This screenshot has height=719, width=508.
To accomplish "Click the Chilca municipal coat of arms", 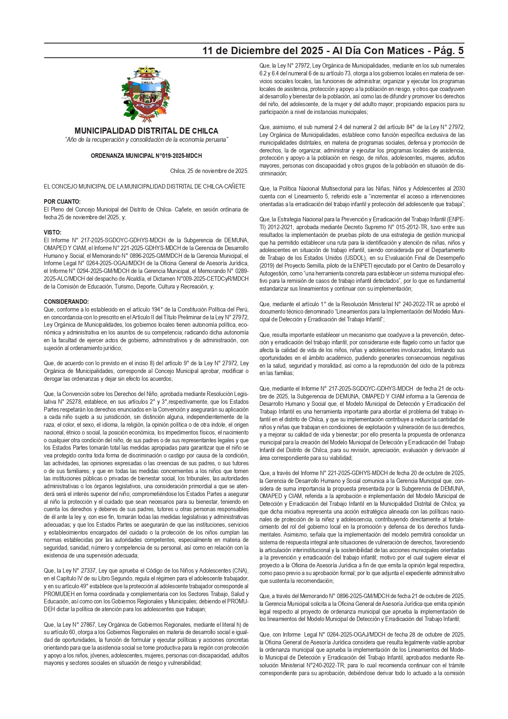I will (146, 95).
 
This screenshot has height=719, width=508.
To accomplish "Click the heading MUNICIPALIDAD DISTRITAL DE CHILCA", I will (146, 131).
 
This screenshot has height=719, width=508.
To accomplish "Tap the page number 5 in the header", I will (461, 51).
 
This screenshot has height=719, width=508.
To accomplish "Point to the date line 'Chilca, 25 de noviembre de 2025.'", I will (209, 171).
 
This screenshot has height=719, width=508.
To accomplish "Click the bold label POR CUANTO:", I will (62, 202).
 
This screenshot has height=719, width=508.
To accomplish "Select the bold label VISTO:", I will (52, 232).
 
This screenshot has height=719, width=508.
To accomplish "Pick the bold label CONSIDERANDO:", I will (66, 302).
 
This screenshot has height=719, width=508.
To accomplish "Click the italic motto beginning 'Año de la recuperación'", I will (146, 140).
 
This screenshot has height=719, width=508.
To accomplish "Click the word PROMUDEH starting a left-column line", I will (59, 594).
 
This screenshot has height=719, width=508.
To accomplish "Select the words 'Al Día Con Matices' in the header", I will (378, 51).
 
